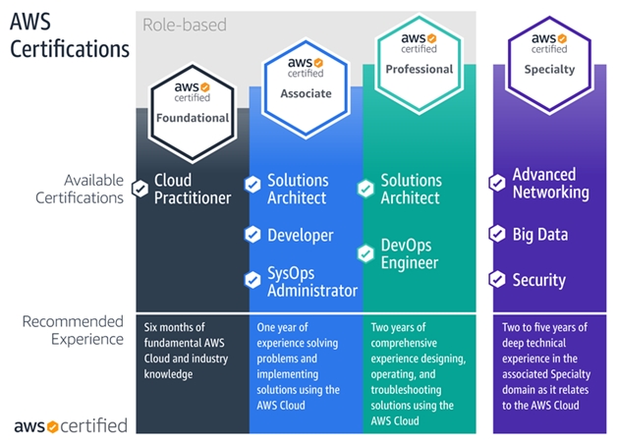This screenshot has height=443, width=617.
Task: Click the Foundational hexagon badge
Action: click(x=193, y=113)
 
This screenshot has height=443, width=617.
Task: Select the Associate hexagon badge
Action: click(x=306, y=88)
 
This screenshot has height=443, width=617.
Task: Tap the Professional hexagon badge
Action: click(x=420, y=64)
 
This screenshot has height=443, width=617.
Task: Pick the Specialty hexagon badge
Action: click(x=549, y=65)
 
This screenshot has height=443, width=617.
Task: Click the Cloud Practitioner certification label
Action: click(x=193, y=190)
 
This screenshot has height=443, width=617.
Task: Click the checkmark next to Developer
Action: click(x=252, y=235)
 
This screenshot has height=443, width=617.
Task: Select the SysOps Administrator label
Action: click(x=312, y=282)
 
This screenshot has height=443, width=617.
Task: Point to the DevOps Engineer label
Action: click(x=410, y=253)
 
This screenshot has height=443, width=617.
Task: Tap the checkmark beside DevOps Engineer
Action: click(x=365, y=253)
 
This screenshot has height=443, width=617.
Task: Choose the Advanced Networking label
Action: click(x=551, y=184)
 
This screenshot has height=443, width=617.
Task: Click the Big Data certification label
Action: click(x=540, y=235)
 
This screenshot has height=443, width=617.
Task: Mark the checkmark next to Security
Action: click(x=497, y=279)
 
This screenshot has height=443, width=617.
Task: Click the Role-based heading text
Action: click(x=185, y=25)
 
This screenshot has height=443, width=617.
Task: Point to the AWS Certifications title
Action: click(x=70, y=35)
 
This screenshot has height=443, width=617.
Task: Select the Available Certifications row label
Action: click(x=80, y=190)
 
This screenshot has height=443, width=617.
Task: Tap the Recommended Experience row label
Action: click(x=73, y=330)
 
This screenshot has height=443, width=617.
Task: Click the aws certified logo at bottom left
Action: click(x=71, y=426)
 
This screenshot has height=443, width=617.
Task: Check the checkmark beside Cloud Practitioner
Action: click(x=140, y=189)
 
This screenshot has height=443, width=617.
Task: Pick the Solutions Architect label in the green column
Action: click(x=412, y=190)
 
